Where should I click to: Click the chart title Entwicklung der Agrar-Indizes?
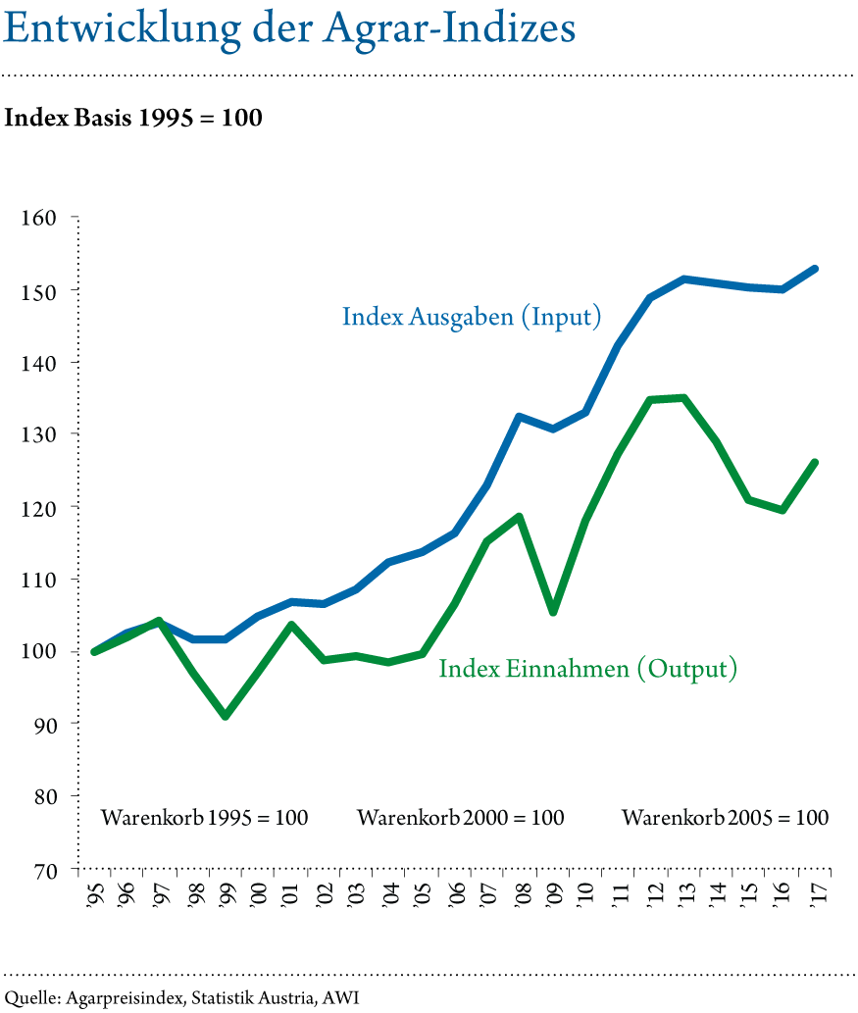tap(288, 29)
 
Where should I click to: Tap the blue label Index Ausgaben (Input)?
tap(471, 318)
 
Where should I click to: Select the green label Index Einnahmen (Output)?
tap(587, 670)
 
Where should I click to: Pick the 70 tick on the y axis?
tap(40, 871)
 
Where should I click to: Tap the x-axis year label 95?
tap(95, 892)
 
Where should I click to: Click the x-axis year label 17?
tap(818, 892)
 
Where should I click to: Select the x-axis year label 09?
tap(554, 892)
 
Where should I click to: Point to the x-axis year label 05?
tap(423, 892)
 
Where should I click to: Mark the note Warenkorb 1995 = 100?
tap(205, 819)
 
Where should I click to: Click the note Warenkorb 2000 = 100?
tap(461, 819)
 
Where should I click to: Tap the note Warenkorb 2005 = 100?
tap(726, 819)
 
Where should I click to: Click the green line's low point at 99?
tap(227, 717)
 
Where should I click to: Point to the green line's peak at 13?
tap(683, 397)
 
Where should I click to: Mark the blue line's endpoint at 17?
tap(815, 269)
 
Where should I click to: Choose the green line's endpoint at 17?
tap(815, 462)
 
